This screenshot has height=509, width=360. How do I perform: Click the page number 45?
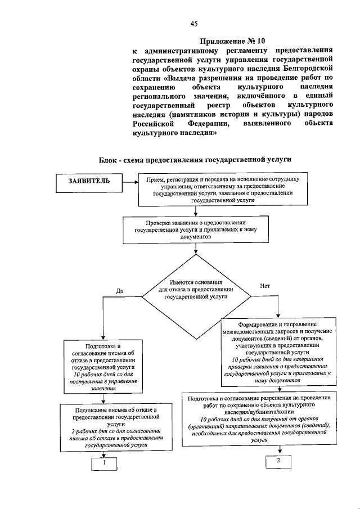click(193, 23)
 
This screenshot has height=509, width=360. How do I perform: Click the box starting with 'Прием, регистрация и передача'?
click(222, 189)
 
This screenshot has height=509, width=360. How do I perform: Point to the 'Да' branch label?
click(119, 291)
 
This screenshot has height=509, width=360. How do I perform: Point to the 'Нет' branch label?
click(265, 285)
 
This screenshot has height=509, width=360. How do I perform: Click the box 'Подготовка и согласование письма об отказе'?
click(103, 366)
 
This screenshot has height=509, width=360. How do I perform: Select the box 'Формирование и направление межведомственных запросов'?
click(278, 352)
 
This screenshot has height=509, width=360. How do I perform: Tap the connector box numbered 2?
click(277, 460)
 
